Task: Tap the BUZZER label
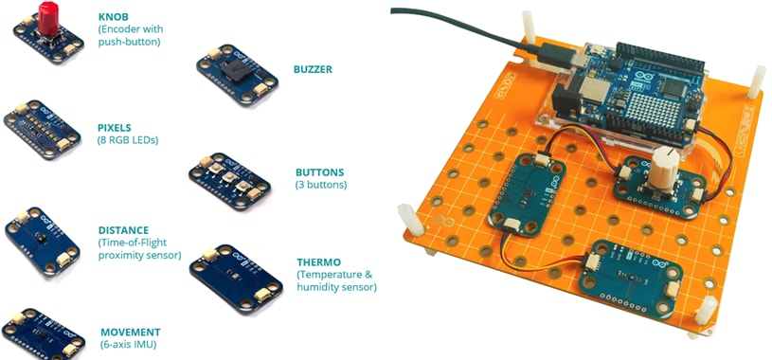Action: pos(313,69)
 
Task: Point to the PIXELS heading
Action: pos(115,127)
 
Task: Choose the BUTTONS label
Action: pos(319,172)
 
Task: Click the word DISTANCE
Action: pos(123,230)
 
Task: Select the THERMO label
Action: pos(319,262)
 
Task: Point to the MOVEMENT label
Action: pos(130,333)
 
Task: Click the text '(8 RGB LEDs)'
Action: pos(128,140)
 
